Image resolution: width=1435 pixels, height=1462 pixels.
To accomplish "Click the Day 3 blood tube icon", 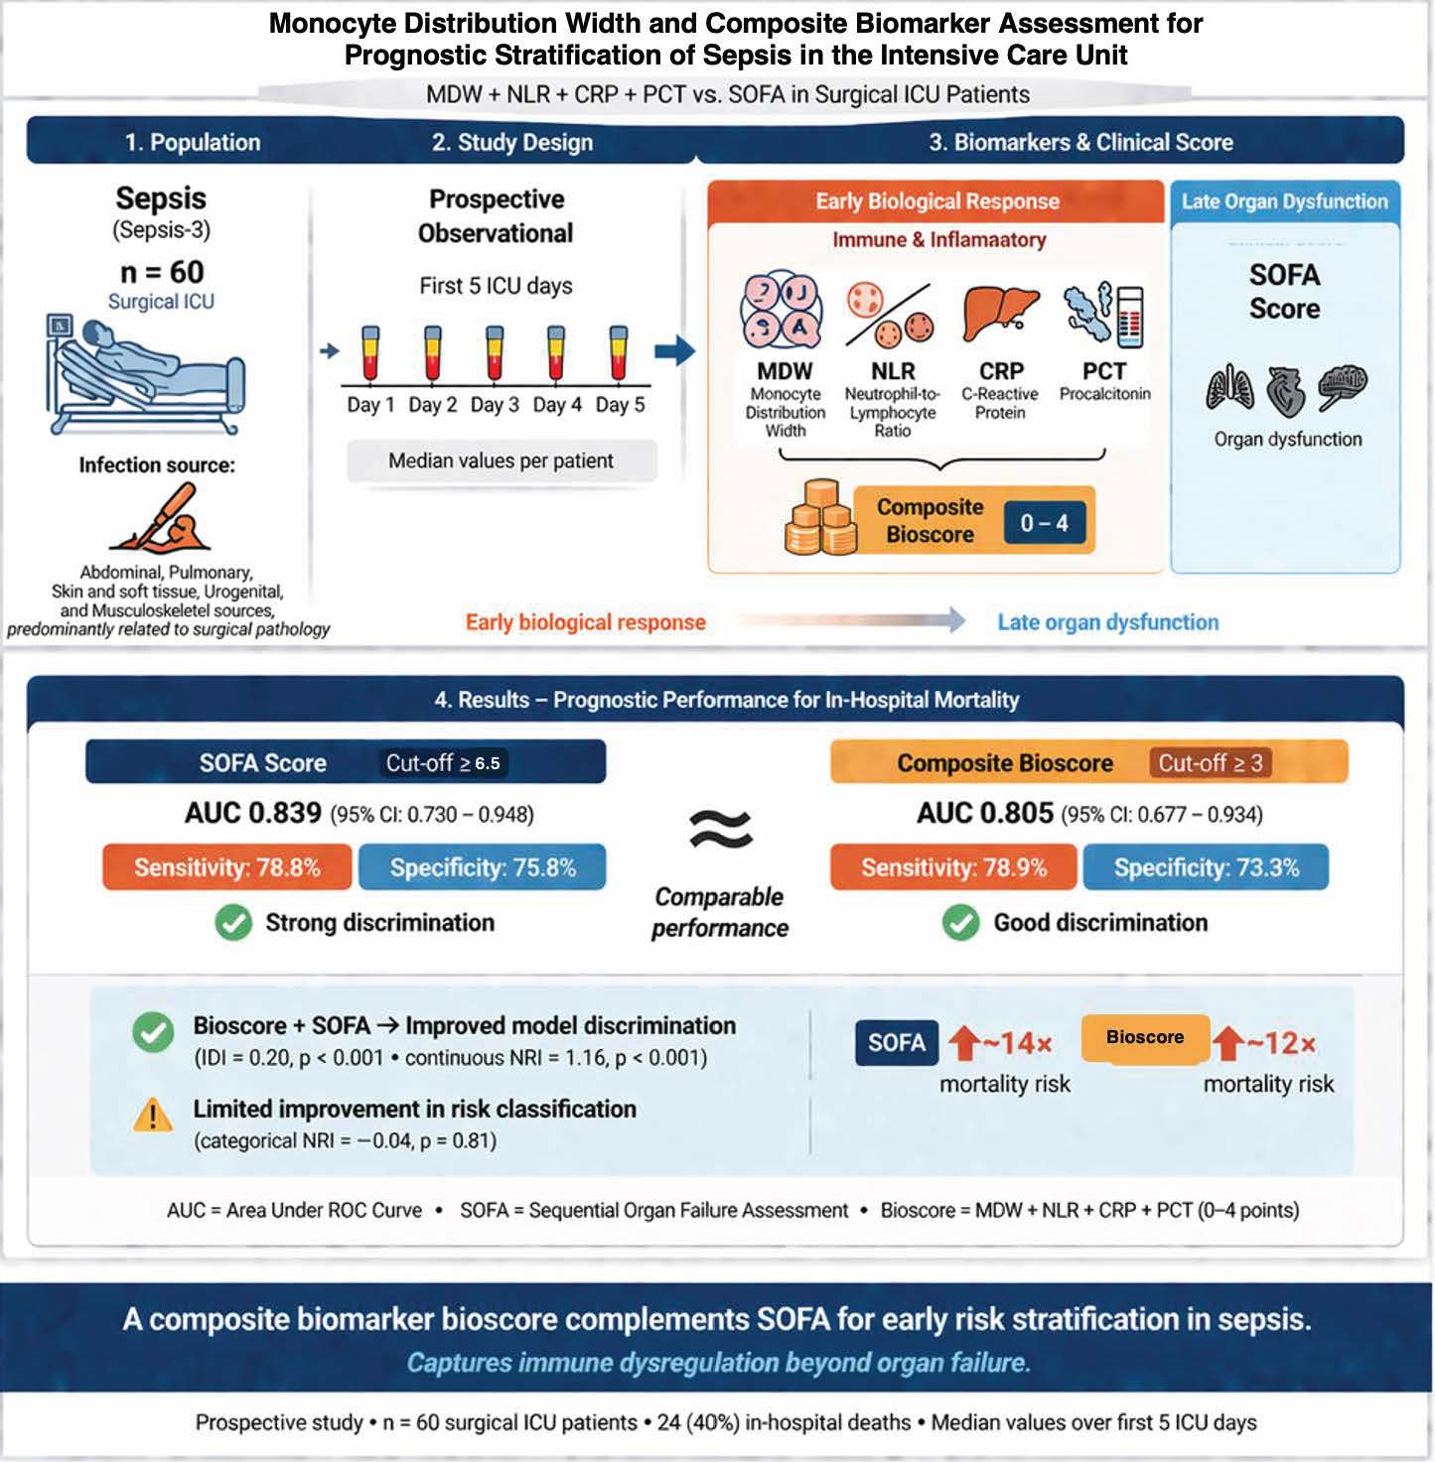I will tap(494, 353).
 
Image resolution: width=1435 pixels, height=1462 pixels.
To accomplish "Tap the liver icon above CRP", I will tap(1000, 315).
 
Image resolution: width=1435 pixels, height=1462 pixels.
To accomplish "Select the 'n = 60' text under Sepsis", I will tap(162, 271).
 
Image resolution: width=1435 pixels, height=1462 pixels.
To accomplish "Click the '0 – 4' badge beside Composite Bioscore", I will tap(1044, 523).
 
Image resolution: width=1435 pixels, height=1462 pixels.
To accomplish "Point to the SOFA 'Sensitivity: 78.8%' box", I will tap(227, 867).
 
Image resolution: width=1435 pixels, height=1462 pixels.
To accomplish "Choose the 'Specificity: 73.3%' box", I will tap(1206, 867).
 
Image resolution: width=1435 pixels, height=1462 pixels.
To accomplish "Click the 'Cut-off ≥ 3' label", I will tap(1210, 763).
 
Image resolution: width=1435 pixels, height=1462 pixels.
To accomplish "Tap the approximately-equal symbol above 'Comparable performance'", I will tap(720, 830).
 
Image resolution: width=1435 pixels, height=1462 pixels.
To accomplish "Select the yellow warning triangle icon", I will tap(153, 1116).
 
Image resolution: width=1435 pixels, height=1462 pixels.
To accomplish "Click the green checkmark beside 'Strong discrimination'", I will tap(232, 923).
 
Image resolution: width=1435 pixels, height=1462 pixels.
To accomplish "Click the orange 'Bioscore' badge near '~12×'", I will tap(1145, 1038).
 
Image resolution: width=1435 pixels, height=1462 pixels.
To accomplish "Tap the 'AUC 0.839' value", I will tap(253, 814).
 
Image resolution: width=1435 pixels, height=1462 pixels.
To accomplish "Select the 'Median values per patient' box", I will tap(501, 461).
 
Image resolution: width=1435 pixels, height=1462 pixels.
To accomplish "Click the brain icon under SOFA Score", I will tap(1343, 387).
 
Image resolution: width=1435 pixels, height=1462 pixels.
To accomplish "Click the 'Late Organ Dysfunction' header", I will tap(1284, 201).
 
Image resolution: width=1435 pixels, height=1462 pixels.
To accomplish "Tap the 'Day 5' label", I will tap(620, 405).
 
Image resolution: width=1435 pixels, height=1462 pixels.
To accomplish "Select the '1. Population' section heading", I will tap(193, 143).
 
